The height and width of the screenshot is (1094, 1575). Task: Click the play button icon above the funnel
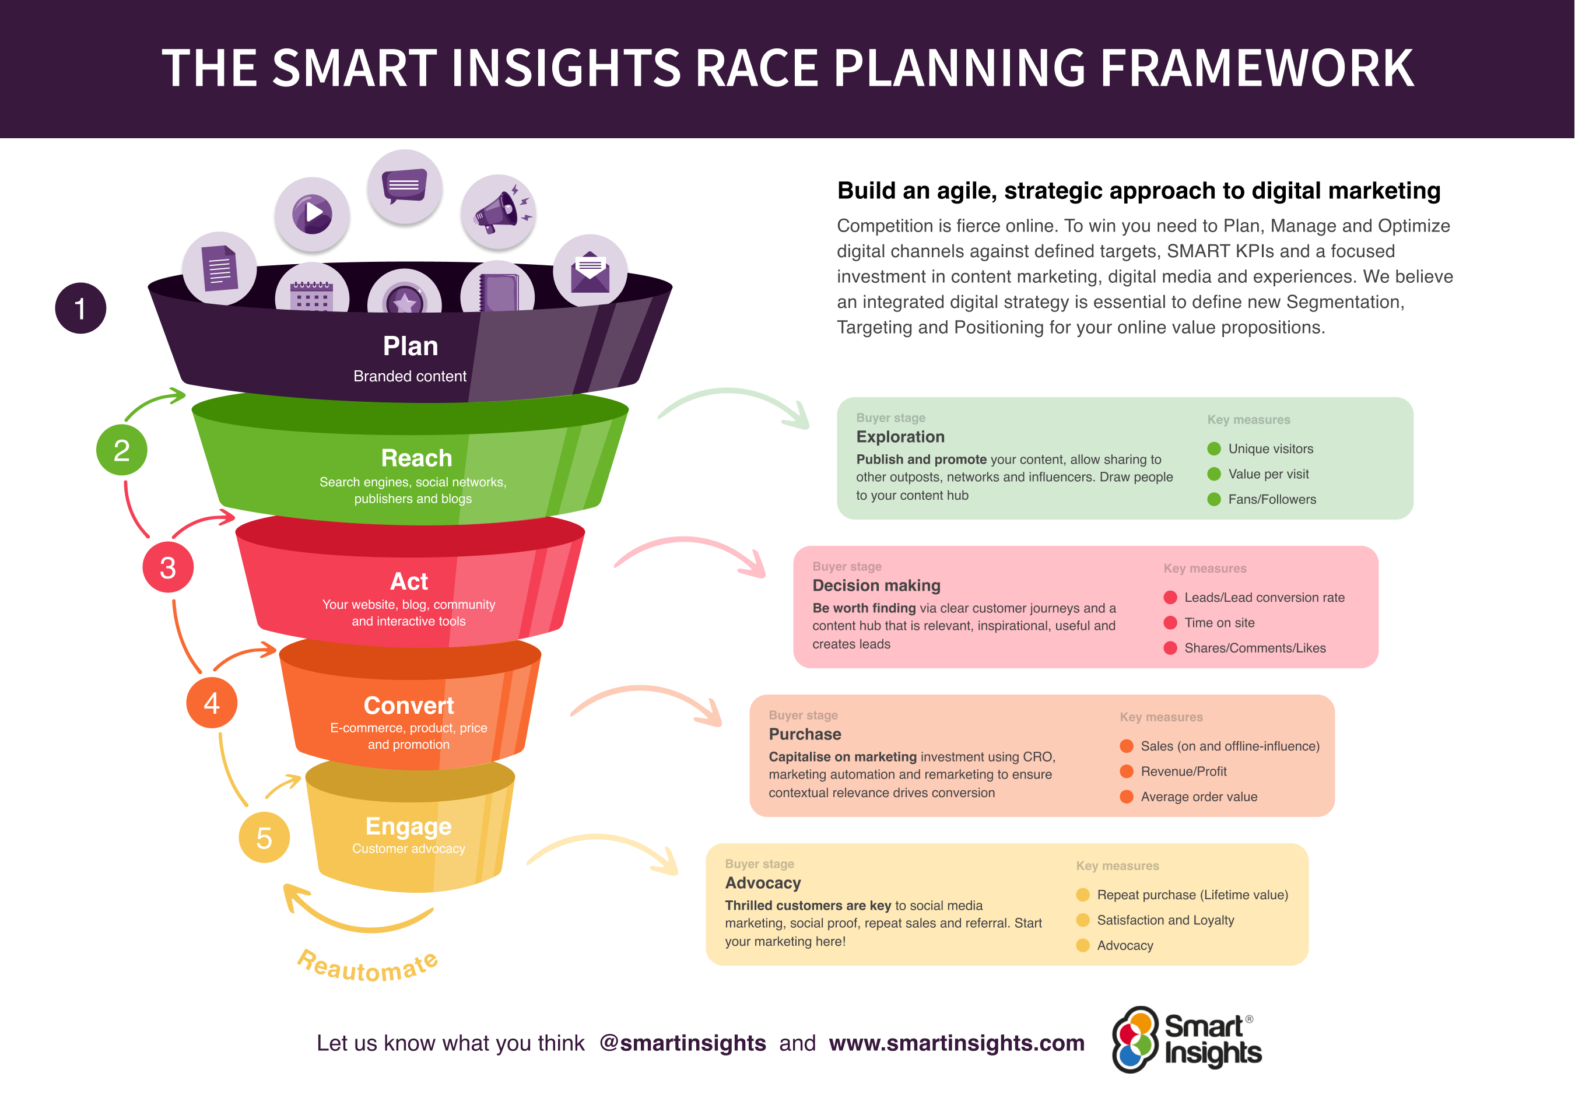(x=313, y=213)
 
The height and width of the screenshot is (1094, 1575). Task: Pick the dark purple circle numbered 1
(x=80, y=308)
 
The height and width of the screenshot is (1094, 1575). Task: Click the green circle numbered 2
(x=121, y=450)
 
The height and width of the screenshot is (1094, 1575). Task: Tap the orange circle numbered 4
(x=212, y=703)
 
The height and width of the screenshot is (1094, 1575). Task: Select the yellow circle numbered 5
(x=264, y=837)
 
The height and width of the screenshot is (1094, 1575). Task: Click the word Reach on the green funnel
(x=416, y=458)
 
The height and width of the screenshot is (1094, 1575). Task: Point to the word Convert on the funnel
(x=409, y=706)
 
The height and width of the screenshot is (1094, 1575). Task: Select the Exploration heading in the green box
(x=900, y=437)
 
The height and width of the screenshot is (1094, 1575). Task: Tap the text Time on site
(x=1219, y=623)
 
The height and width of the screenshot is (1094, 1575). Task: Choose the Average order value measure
(x=1199, y=797)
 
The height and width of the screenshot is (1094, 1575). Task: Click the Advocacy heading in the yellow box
(x=763, y=883)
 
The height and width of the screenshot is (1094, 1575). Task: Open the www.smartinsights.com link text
(x=956, y=1043)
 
